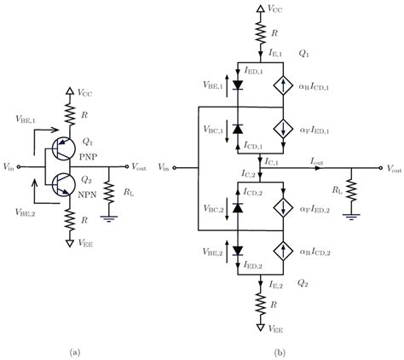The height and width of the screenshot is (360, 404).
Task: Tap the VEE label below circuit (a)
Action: tap(85, 242)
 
